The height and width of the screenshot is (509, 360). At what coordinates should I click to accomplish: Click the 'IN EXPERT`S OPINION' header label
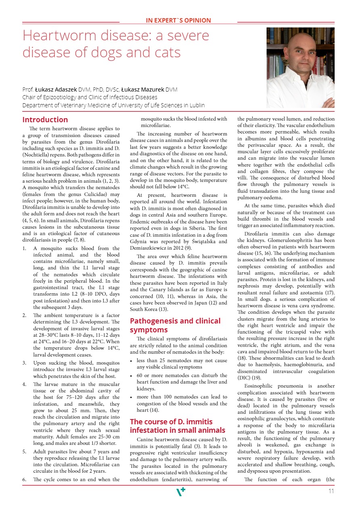(178, 21)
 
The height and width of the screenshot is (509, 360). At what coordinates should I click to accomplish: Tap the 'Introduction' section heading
(45, 120)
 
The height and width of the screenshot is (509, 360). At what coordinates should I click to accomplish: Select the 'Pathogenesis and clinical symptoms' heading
(175, 325)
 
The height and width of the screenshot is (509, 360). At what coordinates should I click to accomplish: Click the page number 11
(331, 491)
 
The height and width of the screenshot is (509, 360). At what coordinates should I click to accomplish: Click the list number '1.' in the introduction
(25, 248)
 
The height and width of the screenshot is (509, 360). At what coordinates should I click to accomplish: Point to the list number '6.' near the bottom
(25, 480)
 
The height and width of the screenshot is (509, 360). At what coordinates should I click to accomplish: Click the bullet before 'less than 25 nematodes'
(132, 361)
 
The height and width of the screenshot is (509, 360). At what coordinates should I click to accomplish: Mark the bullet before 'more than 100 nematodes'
(132, 397)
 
